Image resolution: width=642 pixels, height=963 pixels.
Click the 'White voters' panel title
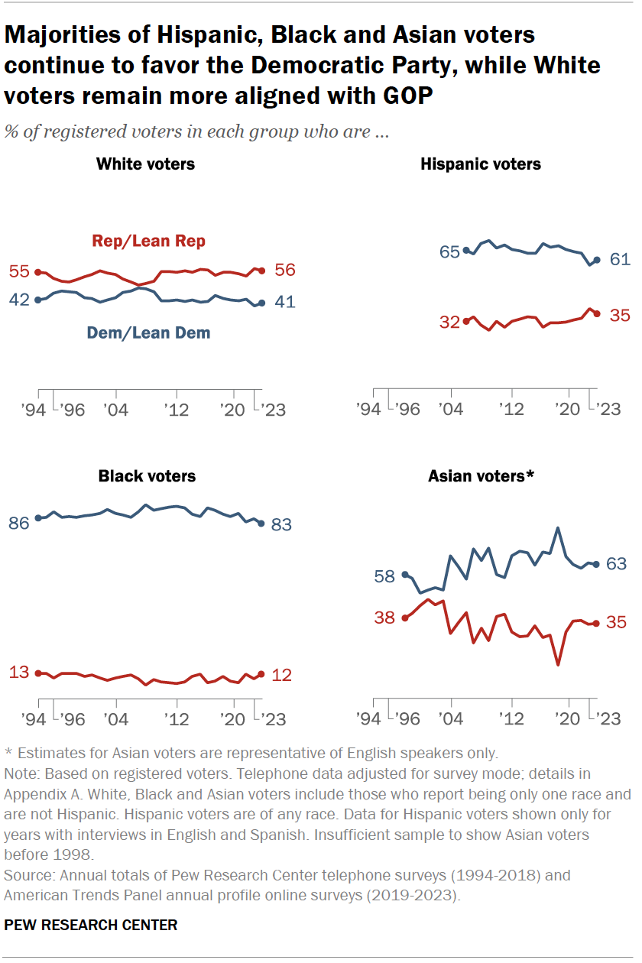[x=145, y=164]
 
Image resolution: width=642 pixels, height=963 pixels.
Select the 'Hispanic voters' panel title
[x=480, y=164]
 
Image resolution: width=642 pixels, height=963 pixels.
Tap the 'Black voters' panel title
[x=147, y=476]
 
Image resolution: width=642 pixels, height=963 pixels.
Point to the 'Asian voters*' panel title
[x=481, y=476]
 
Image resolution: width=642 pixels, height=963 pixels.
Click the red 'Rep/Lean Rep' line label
[x=149, y=242]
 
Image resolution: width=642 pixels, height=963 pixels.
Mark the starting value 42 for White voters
[x=19, y=300]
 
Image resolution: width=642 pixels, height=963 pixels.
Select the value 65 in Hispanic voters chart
[x=449, y=251]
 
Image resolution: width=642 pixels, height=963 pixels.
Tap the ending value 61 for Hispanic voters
[x=620, y=260]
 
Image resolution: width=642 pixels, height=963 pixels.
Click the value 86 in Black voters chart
[x=19, y=524]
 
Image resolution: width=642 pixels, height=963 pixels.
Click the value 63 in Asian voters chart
[x=616, y=564]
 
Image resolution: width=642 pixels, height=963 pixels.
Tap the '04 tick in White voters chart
[x=116, y=410]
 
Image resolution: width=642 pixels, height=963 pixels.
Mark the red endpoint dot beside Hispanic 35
[x=597, y=313]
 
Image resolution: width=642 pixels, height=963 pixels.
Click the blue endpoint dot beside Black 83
[x=261, y=524]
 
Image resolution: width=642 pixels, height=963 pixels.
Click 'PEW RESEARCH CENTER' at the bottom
[x=91, y=925]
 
